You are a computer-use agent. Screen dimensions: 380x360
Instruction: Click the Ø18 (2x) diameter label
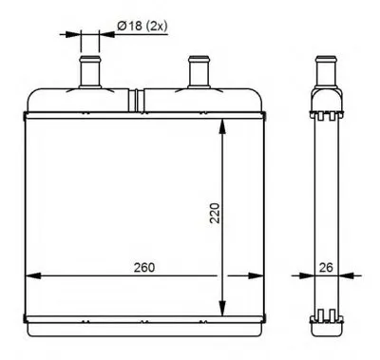point(142,26)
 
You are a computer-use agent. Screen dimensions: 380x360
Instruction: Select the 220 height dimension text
point(215,213)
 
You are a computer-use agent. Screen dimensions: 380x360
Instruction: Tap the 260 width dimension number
point(144,268)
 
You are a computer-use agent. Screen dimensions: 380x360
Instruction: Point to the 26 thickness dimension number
point(326,268)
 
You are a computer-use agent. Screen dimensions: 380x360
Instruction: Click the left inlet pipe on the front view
point(90,72)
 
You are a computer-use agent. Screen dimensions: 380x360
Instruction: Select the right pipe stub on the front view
point(199,72)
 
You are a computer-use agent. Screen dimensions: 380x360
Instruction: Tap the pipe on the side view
point(326,72)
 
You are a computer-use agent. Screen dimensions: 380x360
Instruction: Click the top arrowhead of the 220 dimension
point(223,126)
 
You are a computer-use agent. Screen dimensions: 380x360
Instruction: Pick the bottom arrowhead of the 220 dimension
point(223,309)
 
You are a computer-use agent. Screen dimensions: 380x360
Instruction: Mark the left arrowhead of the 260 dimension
point(33,275)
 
